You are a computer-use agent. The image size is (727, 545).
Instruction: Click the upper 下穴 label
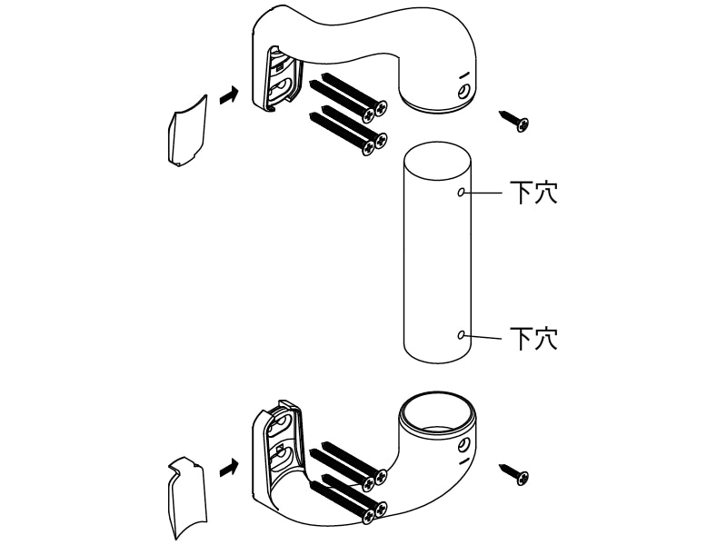[x=533, y=193]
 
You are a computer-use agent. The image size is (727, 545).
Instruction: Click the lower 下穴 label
[x=533, y=338]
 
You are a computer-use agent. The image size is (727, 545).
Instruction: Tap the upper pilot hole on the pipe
[x=461, y=192]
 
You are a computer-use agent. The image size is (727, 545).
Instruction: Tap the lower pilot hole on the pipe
[x=461, y=334]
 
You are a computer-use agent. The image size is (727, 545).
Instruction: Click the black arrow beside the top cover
[x=229, y=96]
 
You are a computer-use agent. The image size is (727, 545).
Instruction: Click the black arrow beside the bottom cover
[x=229, y=468]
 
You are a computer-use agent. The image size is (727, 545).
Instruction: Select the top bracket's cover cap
[x=187, y=130]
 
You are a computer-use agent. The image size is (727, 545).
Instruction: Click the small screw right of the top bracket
[x=514, y=121]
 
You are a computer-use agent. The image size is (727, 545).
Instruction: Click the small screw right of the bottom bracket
[x=514, y=474]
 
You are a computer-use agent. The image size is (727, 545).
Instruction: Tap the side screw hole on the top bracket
[x=463, y=92]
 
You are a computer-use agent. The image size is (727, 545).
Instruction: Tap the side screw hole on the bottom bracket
[x=463, y=446]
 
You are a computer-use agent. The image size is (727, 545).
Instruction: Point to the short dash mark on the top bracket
[x=464, y=75]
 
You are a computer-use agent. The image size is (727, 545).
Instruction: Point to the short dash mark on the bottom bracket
[x=464, y=461]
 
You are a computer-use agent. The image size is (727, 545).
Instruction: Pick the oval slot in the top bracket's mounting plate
[x=281, y=88]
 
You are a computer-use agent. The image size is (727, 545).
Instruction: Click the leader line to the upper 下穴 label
[x=483, y=192]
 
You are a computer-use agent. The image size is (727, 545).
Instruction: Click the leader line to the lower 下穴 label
[x=483, y=336]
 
